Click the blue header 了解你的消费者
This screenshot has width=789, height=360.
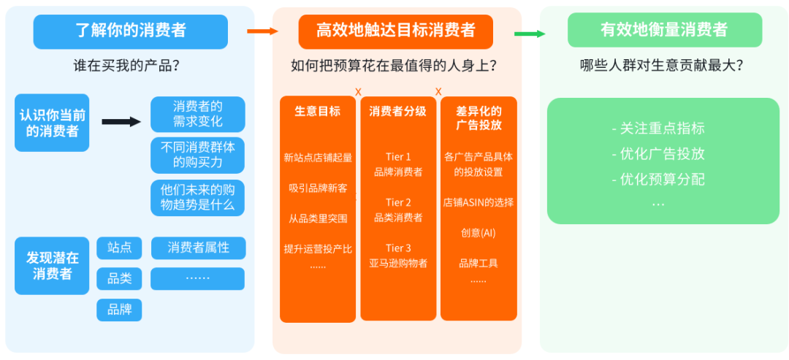pos(131,31)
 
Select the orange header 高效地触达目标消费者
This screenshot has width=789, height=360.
pos(395,31)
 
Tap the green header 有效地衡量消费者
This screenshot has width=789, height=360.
pos(664,31)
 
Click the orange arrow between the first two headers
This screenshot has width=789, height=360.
pos(263,31)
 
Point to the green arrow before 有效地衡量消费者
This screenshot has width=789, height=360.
pos(530,34)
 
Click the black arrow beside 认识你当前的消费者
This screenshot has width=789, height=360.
pos(121,122)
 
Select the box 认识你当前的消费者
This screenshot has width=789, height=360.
pos(52,123)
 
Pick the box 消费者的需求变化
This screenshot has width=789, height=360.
pos(197,114)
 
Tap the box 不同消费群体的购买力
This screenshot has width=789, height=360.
pos(197,155)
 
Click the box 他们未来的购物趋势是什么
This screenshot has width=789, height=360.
pos(197,197)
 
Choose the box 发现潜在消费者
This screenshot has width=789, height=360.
pos(52,266)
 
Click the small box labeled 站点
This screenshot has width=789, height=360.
pos(119,248)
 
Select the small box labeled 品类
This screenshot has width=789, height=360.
pos(119,279)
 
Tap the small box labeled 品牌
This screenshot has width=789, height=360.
pos(119,310)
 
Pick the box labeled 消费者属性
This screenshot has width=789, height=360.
pos(198,248)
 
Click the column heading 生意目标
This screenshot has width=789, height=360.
pos(317,112)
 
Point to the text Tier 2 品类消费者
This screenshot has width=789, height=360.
pos(398,210)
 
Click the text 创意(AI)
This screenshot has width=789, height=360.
pos(478,233)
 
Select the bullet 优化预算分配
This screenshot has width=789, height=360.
pos(662,179)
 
